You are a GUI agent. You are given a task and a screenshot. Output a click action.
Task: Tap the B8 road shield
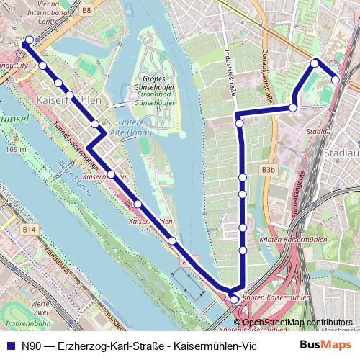coord(87,11)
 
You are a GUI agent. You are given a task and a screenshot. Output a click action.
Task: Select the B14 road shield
coord(28,229)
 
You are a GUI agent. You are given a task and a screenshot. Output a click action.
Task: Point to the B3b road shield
coord(269,170)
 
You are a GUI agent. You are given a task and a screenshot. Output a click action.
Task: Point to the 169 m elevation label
coord(14,149)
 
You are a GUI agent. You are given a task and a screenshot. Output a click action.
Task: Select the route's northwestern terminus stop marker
coord(29,40)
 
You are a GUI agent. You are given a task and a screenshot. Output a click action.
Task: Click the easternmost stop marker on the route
coord(336,79)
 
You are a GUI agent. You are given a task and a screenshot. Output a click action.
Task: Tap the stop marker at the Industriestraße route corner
coord(239,123)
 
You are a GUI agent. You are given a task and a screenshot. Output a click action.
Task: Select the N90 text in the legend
coord(30,345)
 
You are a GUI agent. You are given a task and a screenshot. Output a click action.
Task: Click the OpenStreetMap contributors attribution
coord(297,322)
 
